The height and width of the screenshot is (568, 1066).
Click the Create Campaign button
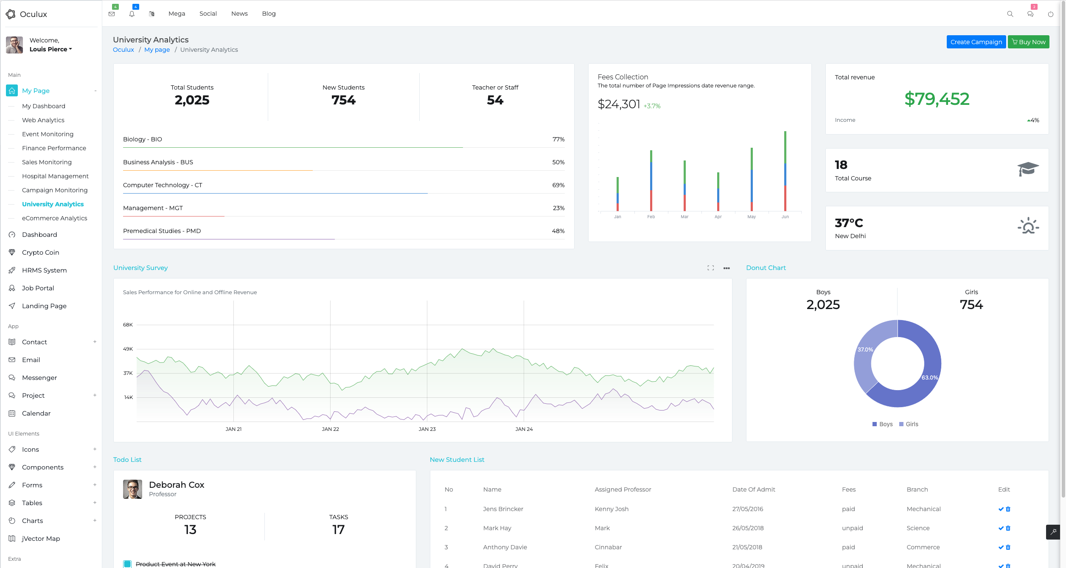pos(976,42)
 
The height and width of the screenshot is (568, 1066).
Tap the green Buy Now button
pos(1028,42)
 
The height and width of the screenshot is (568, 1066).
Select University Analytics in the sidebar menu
pos(53,204)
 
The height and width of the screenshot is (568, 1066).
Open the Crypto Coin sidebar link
pos(40,253)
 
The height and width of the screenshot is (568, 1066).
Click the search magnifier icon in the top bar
pos(1010,14)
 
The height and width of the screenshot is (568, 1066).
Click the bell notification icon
pos(132,14)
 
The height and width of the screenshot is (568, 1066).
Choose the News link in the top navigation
pos(239,14)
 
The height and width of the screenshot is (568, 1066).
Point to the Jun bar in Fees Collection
pos(785,171)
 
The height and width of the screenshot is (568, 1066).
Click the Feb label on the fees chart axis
pos(651,217)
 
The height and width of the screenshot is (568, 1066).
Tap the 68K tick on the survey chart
pos(128,325)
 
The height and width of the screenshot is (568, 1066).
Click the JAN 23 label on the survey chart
pos(427,429)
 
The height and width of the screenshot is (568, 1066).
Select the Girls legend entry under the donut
pos(909,424)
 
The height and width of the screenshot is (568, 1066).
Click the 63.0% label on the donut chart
pos(929,378)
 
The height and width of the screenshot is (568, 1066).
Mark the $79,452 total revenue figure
pos(937,99)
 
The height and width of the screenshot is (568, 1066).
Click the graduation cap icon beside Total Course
pos(1028,169)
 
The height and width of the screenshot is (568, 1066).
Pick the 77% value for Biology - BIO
pos(558,139)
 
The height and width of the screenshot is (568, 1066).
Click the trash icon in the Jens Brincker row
pos(1008,509)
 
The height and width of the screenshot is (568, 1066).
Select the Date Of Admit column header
pos(753,489)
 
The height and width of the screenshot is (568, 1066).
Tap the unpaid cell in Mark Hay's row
pos(852,528)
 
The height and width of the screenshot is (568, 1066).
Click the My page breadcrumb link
pos(157,50)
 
